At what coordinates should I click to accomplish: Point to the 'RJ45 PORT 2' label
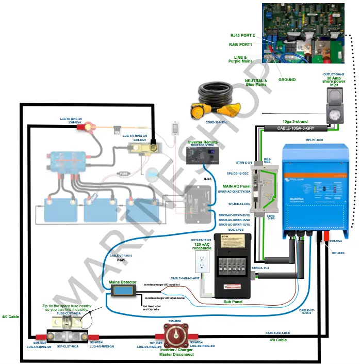(x=242, y=35)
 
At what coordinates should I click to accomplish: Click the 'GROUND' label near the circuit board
(x=287, y=80)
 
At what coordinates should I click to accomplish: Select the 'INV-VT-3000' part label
(x=315, y=139)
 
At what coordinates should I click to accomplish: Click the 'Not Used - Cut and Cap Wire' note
(x=152, y=308)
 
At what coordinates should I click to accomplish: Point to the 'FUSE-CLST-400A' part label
(x=69, y=313)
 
